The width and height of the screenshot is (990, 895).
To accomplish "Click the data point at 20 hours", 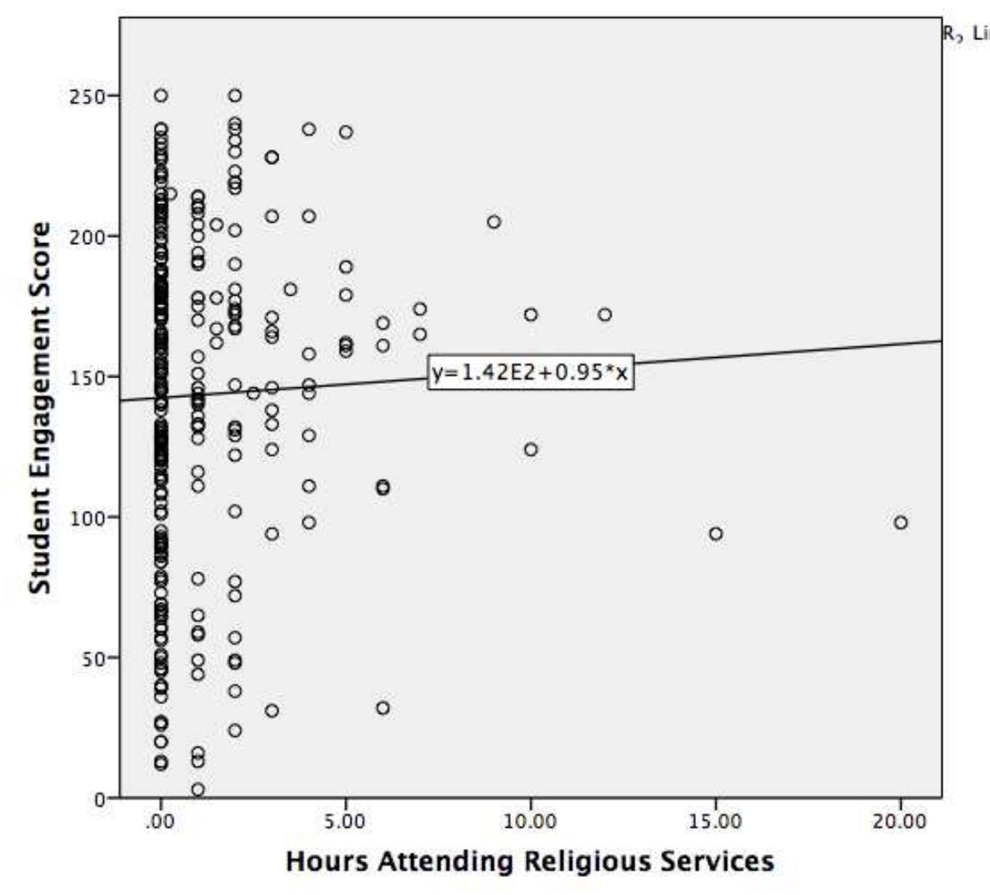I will (x=901, y=522).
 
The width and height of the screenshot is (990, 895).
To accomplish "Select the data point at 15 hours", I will (x=716, y=534).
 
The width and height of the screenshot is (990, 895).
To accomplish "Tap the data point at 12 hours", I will (x=604, y=314).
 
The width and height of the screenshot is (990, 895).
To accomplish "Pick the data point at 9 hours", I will (x=494, y=222).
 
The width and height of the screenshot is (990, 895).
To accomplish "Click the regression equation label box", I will (x=531, y=373).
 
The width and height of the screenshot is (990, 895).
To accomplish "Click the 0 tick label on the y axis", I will (x=100, y=798).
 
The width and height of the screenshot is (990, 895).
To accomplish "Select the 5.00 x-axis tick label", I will (x=346, y=821).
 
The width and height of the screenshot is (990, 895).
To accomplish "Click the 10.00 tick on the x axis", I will (x=531, y=821).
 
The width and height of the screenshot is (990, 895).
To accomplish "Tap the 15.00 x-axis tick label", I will (x=716, y=821).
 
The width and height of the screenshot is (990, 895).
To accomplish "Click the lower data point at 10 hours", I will (x=531, y=450).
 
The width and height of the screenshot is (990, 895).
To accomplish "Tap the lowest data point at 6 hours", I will (x=382, y=707).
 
